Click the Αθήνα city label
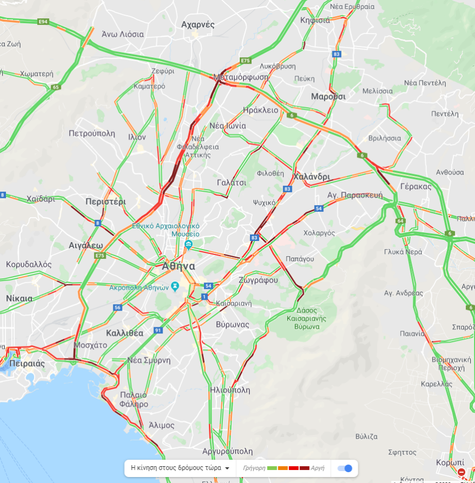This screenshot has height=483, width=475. pyautogui.click(x=179, y=266)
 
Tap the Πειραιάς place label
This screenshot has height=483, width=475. pyautogui.click(x=27, y=364)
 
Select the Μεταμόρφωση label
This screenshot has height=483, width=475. pyautogui.click(x=241, y=77)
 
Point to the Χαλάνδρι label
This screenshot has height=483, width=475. pyautogui.click(x=311, y=177)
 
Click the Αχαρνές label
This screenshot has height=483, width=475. pyautogui.click(x=198, y=24)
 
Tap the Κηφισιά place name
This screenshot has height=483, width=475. pyautogui.click(x=315, y=21)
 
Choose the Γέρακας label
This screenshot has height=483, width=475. pyautogui.click(x=416, y=186)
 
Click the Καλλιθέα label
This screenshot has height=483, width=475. pyautogui.click(x=125, y=333)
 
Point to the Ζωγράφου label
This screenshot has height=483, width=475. pyautogui.click(x=258, y=280)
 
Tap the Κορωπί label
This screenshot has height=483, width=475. pyautogui.click(x=450, y=462)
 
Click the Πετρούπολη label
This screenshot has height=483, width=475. pyautogui.click(x=92, y=133)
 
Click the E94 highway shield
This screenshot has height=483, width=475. pyautogui.click(x=43, y=22)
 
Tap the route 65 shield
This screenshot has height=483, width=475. pyautogui.click(x=56, y=86)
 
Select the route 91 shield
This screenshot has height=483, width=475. pyautogui.click(x=158, y=330)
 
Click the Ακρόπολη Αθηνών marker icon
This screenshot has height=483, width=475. pyautogui.click(x=175, y=285)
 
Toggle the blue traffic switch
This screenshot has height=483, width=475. pyautogui.click(x=345, y=468)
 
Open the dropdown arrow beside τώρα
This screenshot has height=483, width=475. pyautogui.click(x=227, y=468)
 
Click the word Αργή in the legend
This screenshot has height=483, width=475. pyautogui.click(x=318, y=468)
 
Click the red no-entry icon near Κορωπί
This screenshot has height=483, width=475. pyautogui.click(x=462, y=473)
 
